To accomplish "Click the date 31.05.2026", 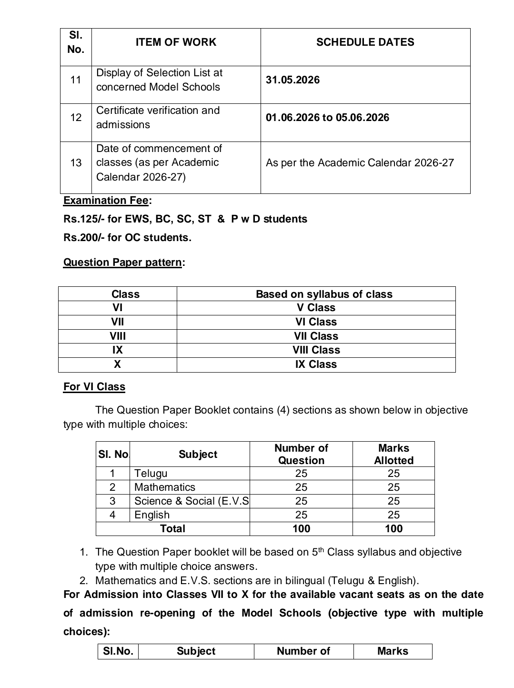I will (292, 80).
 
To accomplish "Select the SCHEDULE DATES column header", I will (365, 42).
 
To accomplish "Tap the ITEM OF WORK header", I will (176, 42).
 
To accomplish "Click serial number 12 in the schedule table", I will (76, 118).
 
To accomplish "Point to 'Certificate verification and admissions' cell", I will (158, 118).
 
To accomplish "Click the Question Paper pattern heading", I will (122, 263).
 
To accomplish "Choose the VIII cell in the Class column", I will (118, 336).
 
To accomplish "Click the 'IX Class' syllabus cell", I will (316, 364).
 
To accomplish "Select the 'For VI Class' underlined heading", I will (94, 387).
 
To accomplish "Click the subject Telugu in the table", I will (151, 474).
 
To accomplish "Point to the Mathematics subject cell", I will (164, 487).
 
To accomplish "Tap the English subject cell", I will (151, 515).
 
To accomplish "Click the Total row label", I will (172, 529).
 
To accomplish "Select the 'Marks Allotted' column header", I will (393, 455).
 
